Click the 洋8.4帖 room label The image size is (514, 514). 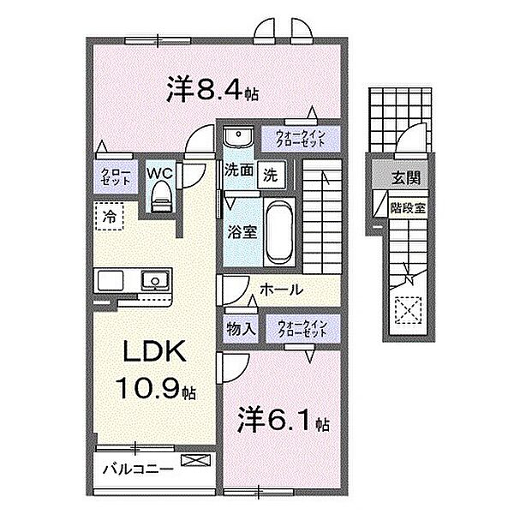pyautogui.click(x=212, y=89)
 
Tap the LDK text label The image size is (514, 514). pyautogui.click(x=154, y=352)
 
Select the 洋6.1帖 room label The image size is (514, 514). pyautogui.click(x=284, y=420)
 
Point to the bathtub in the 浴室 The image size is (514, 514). pyautogui.click(x=279, y=232)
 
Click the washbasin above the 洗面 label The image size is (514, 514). pyautogui.click(x=238, y=137)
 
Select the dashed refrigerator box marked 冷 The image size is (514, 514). pyautogui.click(x=110, y=217)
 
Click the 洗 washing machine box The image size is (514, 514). pyautogui.click(x=271, y=175)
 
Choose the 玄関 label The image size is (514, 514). pyautogui.click(x=406, y=179)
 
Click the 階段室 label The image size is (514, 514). pyautogui.click(x=408, y=208)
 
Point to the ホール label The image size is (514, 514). pyautogui.click(x=282, y=290)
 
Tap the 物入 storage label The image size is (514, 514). pyautogui.click(x=241, y=329)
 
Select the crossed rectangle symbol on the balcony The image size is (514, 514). pyautogui.click(x=196, y=460)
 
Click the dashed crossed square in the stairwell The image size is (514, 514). pyautogui.click(x=408, y=310)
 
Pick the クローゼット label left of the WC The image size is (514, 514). pyautogui.click(x=116, y=177)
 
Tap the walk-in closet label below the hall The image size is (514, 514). pyautogui.click(x=302, y=329)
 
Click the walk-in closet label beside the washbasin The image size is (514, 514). pyautogui.click(x=301, y=139)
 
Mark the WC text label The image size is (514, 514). pyautogui.click(x=159, y=173)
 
